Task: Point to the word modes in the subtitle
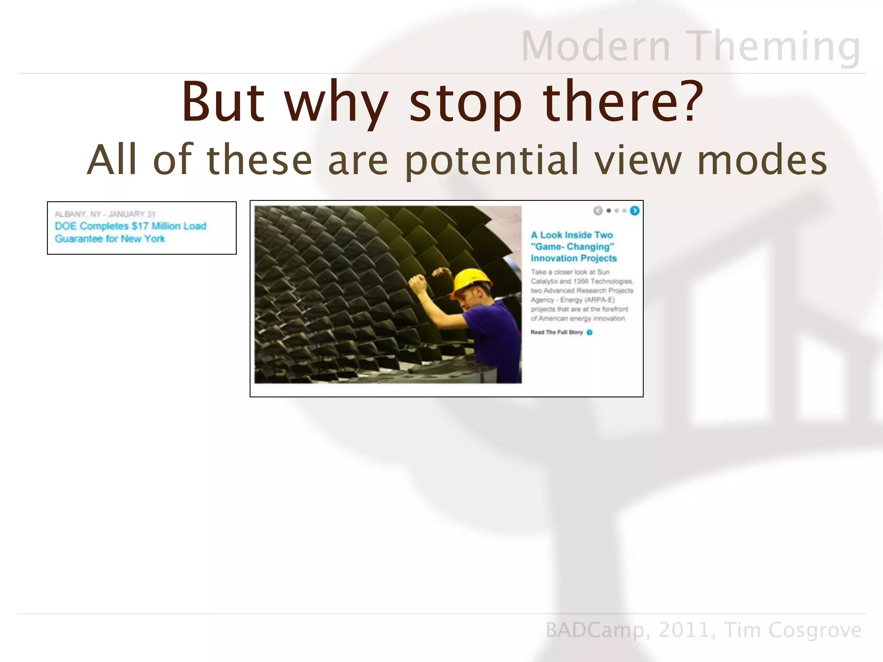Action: click(762, 160)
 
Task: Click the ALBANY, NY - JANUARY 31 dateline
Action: click(105, 214)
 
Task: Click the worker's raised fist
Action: click(417, 284)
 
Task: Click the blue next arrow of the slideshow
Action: click(635, 211)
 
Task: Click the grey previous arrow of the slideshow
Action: click(598, 211)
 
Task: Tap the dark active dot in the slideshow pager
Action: click(609, 211)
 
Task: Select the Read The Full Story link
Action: click(557, 332)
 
